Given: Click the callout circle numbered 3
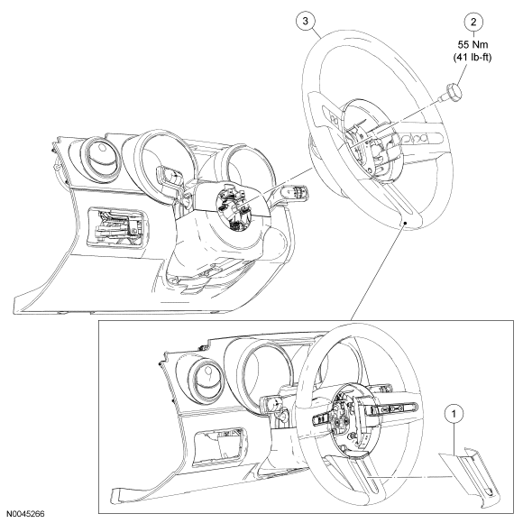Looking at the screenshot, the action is (x=306, y=21).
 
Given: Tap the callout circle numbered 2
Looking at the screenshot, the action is (x=473, y=22).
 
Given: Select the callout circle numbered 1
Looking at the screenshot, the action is (x=454, y=414).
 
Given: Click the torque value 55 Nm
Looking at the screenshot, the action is (x=473, y=44).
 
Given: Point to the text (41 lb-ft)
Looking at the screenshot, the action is (x=473, y=58).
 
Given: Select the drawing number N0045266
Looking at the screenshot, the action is (x=25, y=514).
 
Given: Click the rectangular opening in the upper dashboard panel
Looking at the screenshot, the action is (x=116, y=228).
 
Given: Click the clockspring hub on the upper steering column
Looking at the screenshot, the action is (x=234, y=208).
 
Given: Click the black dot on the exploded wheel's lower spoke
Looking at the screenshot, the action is (x=405, y=222).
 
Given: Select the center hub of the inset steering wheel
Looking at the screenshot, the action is (x=344, y=420).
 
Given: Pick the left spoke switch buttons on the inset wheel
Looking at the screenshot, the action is (x=322, y=419).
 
